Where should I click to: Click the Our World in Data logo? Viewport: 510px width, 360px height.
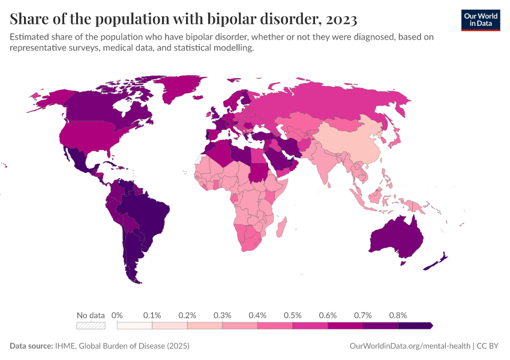(x=480, y=19)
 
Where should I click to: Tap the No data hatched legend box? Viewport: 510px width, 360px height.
(x=91, y=325)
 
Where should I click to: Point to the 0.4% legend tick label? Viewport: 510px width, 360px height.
(x=257, y=315)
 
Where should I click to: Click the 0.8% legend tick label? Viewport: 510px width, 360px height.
(x=398, y=315)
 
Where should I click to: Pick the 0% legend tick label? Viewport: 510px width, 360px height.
(x=118, y=315)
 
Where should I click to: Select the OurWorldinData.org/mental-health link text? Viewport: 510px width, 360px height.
(x=410, y=346)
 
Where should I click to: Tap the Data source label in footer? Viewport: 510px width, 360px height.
(x=31, y=346)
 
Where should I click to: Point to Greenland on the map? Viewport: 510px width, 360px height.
(x=180, y=90)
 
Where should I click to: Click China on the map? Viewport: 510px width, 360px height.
(x=348, y=144)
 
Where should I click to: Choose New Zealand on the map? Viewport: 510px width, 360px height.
(x=437, y=263)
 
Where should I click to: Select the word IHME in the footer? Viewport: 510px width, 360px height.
(x=64, y=346)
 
